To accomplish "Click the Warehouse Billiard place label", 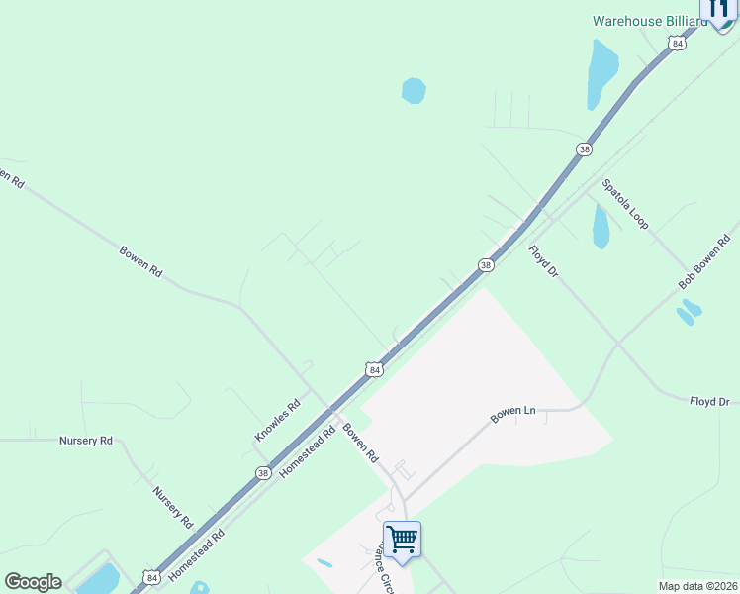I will pos(647,20).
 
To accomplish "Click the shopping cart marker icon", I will pos(402,541).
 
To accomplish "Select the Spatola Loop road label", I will pos(625,204).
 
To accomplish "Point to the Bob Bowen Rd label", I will pos(704,262).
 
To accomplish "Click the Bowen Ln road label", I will pos(512,413).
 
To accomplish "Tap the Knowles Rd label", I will pos(277,421).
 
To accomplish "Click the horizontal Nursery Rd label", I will pos(86,441).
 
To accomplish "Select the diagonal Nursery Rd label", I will pos(171,505).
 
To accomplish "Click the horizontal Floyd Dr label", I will pos(709,401).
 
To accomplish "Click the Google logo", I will pos(33,582).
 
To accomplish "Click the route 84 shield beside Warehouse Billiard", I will pos(677,44).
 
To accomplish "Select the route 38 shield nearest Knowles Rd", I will pos(262,473).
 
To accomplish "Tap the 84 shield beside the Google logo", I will pos(151,577).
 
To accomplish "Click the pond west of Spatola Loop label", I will pos(601,227).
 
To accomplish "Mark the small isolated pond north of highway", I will pos(414,91).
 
